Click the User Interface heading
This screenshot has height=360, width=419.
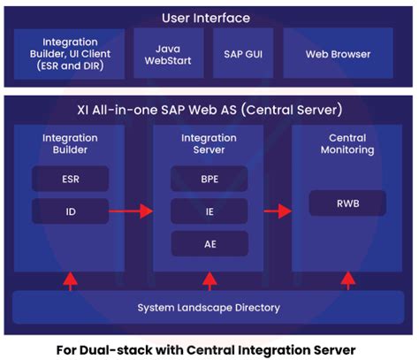click(206, 18)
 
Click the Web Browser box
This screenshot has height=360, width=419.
click(338, 54)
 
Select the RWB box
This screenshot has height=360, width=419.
click(347, 203)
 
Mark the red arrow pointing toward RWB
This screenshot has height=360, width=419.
click(279, 211)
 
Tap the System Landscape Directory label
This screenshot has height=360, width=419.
click(209, 307)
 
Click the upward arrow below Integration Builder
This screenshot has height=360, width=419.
click(69, 280)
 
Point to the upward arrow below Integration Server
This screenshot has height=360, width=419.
click(209, 280)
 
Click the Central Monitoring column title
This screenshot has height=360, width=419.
click(347, 144)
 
